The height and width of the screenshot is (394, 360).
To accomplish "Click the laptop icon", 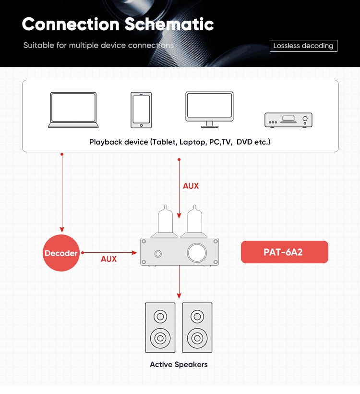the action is [73, 110].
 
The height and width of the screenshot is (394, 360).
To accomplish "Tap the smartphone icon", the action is [141, 110].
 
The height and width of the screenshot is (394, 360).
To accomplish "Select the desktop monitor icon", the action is [209, 110].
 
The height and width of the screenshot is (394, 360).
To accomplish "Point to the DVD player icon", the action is [288, 120].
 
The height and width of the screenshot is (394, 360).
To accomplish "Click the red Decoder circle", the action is [61, 253].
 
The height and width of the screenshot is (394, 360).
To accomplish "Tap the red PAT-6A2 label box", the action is [285, 252].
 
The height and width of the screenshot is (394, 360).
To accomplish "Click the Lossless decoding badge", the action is [303, 46].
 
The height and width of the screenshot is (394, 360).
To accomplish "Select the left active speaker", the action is [160, 328].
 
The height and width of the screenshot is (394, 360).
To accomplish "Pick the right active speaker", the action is [197, 328].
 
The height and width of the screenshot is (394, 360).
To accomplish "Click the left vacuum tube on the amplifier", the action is [165, 221].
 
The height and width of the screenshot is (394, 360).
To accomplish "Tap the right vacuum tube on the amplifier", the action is [194, 221].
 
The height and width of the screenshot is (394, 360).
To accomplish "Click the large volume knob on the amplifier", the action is [197, 253].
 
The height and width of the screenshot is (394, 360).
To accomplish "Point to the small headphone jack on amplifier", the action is [158, 254].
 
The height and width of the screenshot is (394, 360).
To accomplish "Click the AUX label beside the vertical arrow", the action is [191, 186].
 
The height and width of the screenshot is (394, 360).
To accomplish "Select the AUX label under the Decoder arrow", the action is [108, 259].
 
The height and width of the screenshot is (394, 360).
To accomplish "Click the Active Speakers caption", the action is [179, 364].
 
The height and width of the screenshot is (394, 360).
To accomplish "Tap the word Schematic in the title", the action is [169, 24].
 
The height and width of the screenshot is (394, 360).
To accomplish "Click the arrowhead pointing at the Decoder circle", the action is [62, 229].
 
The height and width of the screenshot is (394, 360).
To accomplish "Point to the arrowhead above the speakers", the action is [179, 296].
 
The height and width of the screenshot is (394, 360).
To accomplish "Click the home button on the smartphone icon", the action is [141, 125].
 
